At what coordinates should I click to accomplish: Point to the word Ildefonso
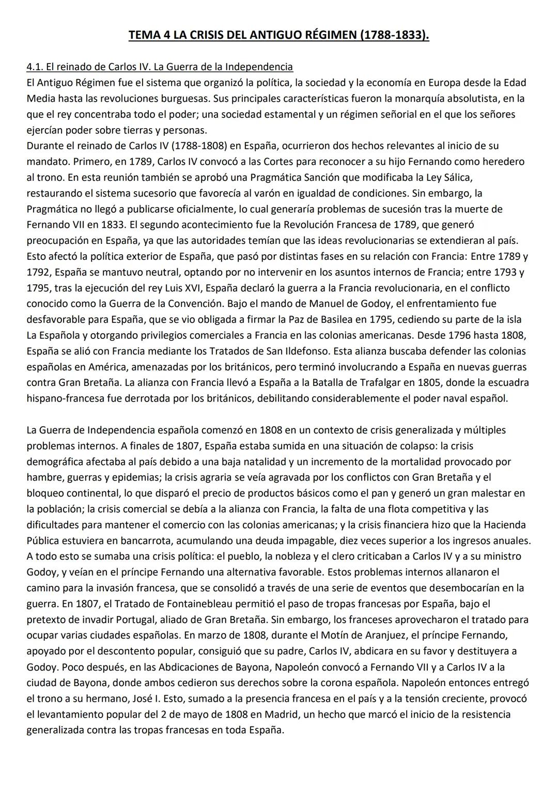click(306, 351)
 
